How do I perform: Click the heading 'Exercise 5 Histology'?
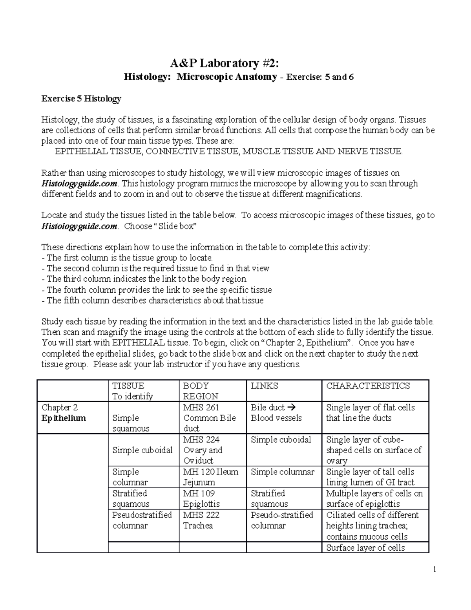(81, 99)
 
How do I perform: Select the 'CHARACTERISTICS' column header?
(368, 386)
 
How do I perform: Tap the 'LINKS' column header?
(264, 386)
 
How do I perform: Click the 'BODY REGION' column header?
(201, 391)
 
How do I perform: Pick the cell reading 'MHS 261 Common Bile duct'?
(210, 418)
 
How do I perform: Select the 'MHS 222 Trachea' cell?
(202, 520)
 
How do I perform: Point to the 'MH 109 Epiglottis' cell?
(201, 498)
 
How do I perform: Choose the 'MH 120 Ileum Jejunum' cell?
(210, 477)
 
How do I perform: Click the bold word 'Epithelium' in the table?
(64, 418)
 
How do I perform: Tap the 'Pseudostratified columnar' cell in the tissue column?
(142, 520)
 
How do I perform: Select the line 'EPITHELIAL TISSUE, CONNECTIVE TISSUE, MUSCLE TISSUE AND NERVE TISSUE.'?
(229, 152)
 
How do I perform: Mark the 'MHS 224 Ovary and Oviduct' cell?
(203, 450)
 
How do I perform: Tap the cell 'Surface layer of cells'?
(365, 548)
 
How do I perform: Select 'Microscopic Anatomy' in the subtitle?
(227, 77)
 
